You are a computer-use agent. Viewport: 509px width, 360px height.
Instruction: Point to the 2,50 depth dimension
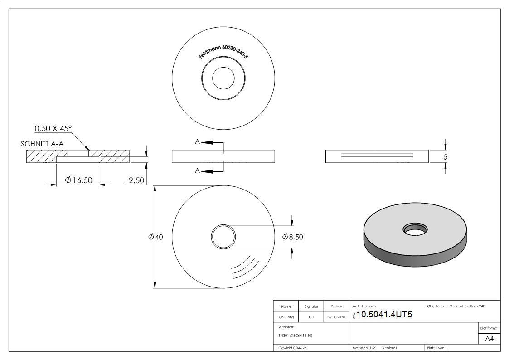point(136,180)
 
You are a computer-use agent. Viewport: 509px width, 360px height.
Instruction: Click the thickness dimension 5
point(446,157)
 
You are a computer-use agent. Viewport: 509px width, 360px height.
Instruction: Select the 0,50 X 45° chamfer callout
point(53,129)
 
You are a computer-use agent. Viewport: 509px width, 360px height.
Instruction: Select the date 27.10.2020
point(336,317)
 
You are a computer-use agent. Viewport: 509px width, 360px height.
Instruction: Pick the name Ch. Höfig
point(286,317)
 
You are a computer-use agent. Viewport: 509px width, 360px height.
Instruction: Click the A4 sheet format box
point(489,339)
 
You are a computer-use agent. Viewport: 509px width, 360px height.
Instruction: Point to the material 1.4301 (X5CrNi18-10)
point(295,336)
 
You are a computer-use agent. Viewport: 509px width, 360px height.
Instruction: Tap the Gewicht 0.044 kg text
point(293,348)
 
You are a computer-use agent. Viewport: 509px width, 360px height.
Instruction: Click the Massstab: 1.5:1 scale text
point(365,348)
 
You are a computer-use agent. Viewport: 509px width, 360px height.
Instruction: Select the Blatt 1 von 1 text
point(437,348)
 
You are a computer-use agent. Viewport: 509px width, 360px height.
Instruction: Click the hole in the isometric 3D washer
point(415,229)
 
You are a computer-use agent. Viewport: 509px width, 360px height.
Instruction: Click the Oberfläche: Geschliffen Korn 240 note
point(456,306)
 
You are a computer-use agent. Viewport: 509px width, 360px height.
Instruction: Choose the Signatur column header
point(311,306)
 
